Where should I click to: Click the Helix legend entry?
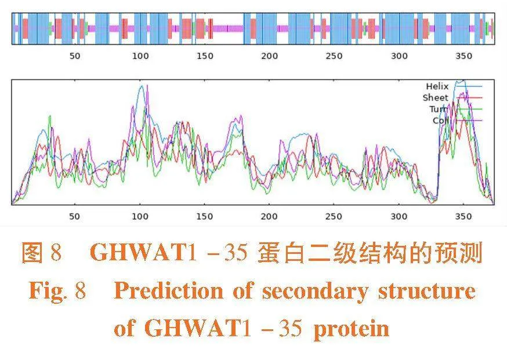click(x=437, y=86)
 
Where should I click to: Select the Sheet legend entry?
click(x=435, y=97)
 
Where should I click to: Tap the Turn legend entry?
click(x=438, y=109)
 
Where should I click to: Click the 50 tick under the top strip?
click(x=75, y=56)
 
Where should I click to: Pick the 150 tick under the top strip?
click(x=205, y=56)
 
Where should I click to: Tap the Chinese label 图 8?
click(x=41, y=254)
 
